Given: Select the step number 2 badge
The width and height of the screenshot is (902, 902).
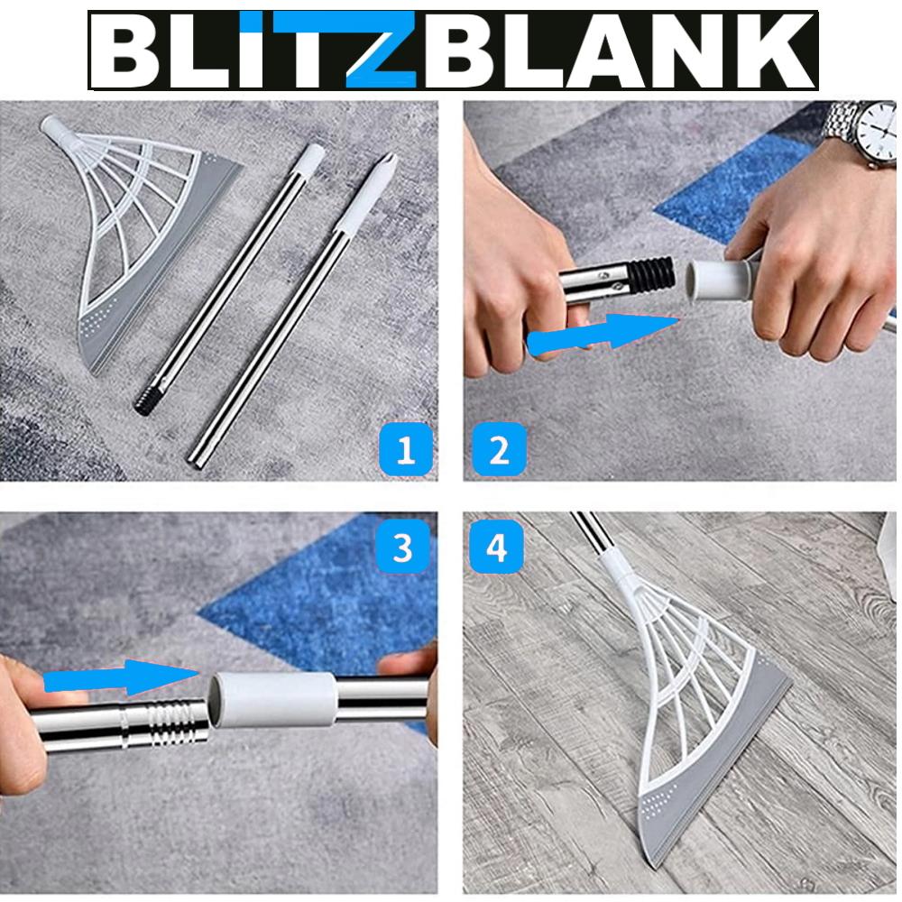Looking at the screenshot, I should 498,448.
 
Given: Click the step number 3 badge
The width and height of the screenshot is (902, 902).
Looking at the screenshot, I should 403,548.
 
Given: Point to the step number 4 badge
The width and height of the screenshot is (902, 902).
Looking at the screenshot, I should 497,547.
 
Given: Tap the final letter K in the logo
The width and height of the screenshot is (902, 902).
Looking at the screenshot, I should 776,51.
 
